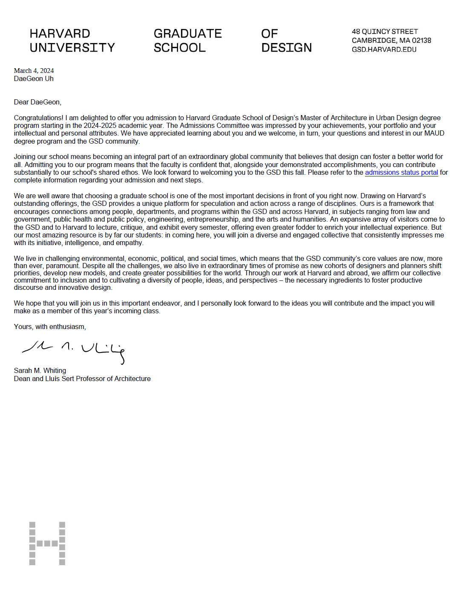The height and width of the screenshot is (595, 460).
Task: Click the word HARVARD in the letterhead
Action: pos(60,34)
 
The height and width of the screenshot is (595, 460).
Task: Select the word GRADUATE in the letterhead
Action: pos(187,34)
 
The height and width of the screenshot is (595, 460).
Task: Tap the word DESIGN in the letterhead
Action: pos(286,48)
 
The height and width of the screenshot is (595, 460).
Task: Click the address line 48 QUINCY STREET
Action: pos(385,32)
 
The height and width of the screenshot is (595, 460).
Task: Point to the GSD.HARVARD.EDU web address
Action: pos(384,49)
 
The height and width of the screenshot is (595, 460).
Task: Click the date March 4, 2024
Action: pos(34,71)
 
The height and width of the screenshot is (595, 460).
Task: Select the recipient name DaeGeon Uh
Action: pos(34,78)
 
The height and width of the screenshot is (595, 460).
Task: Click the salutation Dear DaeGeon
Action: pos(37,102)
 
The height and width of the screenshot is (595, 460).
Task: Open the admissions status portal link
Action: pos(401,172)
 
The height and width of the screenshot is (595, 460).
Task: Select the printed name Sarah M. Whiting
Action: pos(40,370)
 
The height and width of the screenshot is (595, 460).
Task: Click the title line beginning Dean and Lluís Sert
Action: pos(82,378)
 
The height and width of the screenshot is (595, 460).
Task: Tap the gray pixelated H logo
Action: pos(47,543)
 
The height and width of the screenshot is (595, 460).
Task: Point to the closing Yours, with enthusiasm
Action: pos(50,326)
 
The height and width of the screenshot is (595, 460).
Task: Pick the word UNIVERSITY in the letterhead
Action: pos(72,48)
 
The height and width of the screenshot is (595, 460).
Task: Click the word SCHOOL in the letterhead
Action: pos(179,48)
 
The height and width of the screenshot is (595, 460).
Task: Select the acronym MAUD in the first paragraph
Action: pos(434,133)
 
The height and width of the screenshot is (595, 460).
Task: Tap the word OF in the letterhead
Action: pos(269,34)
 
